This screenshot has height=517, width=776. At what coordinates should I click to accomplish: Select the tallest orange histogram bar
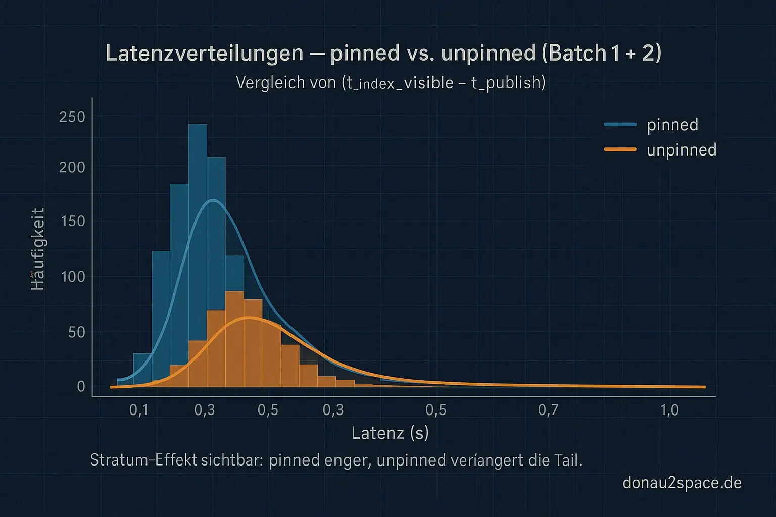click(x=234, y=338)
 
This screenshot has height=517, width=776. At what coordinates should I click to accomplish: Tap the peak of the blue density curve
click(x=213, y=200)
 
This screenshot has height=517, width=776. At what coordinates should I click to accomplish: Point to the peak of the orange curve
click(x=248, y=318)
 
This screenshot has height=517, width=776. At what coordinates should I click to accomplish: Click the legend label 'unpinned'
click(x=682, y=150)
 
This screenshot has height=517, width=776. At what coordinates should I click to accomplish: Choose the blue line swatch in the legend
click(x=620, y=124)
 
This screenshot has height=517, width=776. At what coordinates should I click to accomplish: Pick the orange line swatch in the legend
click(x=620, y=149)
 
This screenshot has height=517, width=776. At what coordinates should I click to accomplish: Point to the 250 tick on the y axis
click(x=72, y=117)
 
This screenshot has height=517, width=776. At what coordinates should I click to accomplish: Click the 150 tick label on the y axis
click(x=72, y=221)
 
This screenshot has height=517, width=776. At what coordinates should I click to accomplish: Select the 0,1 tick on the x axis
click(x=139, y=409)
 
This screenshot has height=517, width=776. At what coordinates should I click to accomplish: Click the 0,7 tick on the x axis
click(x=548, y=409)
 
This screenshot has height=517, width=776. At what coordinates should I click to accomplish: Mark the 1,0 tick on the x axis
click(x=670, y=409)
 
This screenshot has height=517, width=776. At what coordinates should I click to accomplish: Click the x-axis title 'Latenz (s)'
click(x=390, y=433)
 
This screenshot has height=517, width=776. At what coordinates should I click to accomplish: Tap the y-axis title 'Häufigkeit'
click(x=38, y=248)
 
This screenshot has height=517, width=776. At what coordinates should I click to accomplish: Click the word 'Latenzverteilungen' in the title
click(x=204, y=53)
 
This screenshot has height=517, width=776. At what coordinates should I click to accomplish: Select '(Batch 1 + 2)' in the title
click(x=601, y=53)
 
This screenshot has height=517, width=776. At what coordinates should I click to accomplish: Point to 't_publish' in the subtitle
click(x=508, y=82)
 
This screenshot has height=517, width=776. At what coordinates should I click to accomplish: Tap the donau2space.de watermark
click(x=682, y=483)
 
